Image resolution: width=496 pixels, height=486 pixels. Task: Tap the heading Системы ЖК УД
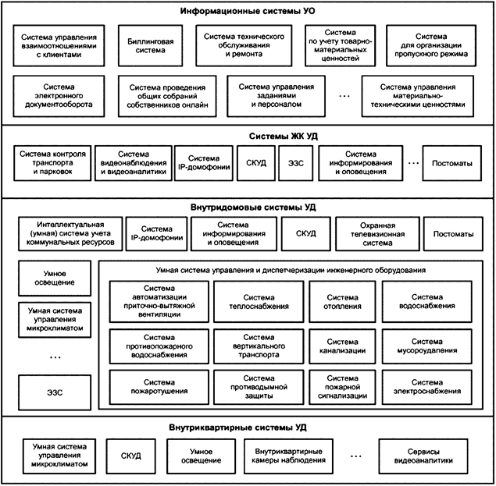248,135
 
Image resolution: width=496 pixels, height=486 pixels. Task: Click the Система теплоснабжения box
259,300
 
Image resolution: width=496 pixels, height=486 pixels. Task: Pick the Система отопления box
341,300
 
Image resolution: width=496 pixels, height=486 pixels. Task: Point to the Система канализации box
341,346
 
